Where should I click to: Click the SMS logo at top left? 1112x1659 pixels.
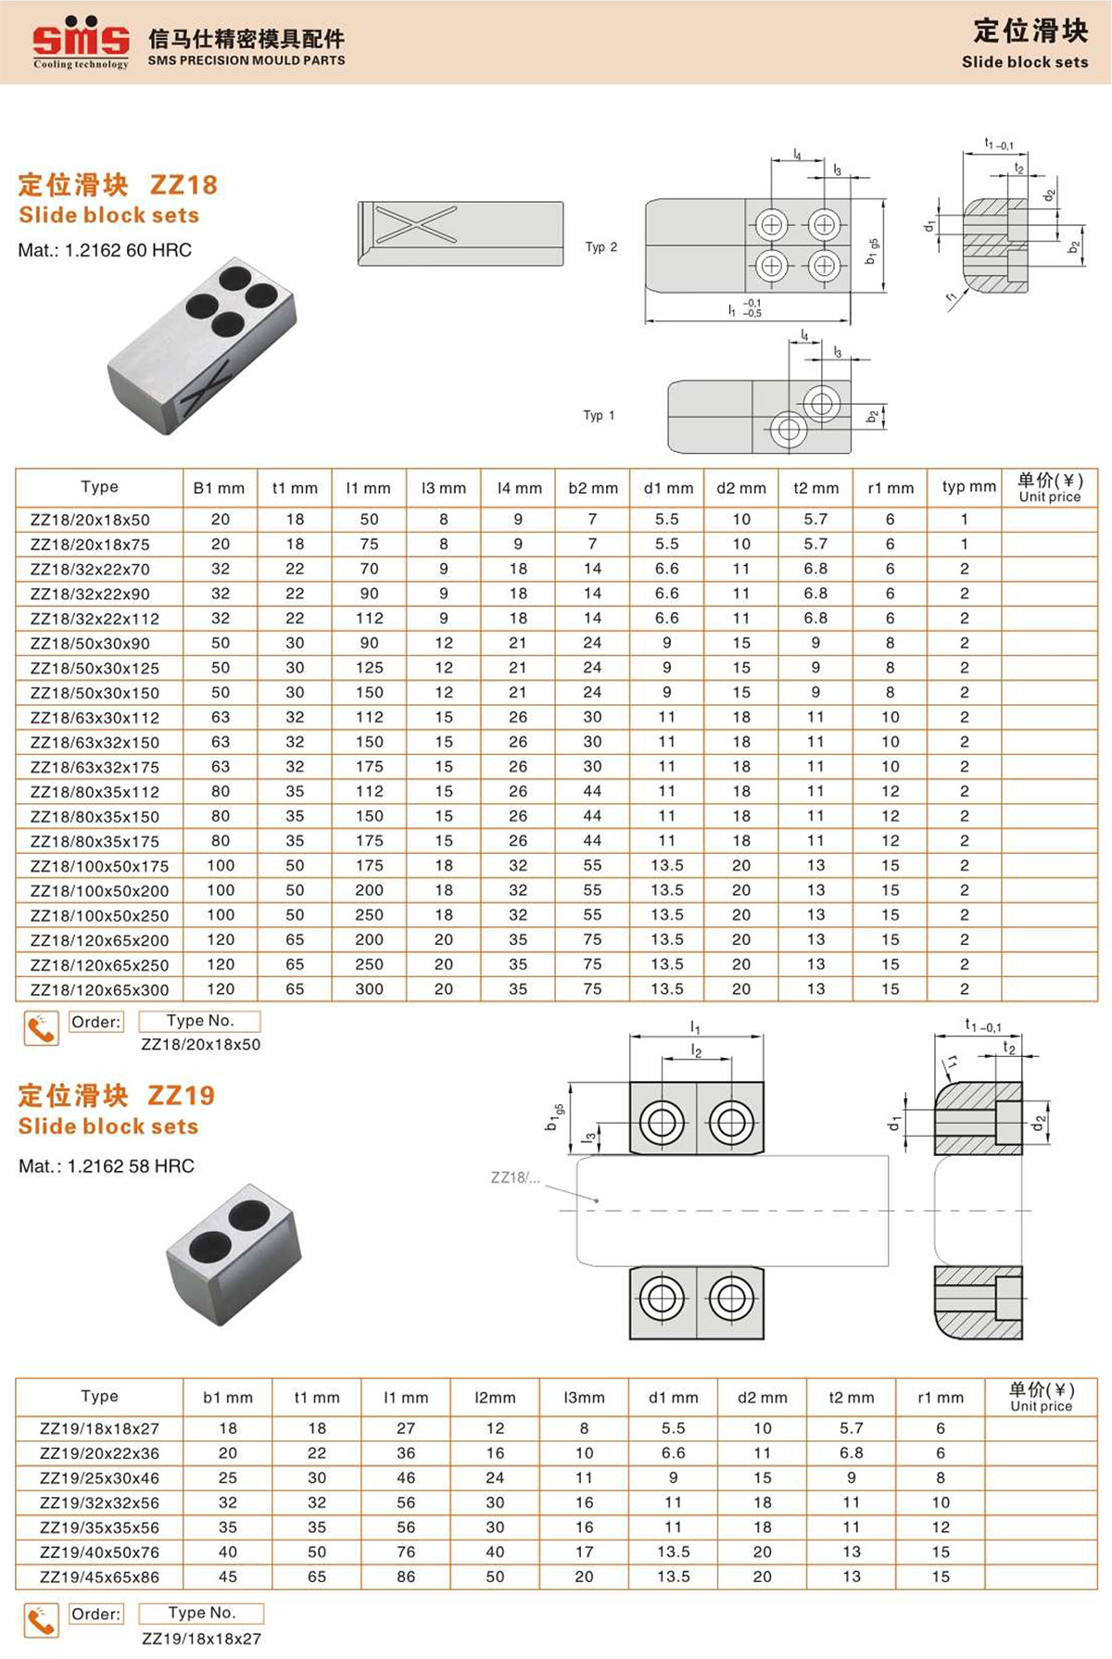click(81, 42)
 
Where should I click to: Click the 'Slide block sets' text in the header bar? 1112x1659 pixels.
click(1024, 62)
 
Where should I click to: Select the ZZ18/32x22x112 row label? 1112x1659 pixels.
click(95, 619)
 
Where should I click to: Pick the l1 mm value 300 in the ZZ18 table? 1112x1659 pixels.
click(369, 989)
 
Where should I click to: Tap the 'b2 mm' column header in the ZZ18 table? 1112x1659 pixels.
click(592, 488)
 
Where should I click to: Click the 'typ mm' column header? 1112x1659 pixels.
click(968, 486)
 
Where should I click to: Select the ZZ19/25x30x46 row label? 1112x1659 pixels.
click(99, 1478)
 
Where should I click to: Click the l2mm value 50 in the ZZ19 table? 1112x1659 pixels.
click(495, 1577)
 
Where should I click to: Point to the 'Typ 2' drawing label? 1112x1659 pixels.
click(600, 247)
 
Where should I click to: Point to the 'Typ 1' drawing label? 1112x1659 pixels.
click(599, 416)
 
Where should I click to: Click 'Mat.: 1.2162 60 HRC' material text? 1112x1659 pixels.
click(105, 250)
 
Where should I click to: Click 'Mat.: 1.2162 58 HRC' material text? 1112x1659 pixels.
click(107, 1166)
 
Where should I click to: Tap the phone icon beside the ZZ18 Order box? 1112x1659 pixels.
click(41, 1028)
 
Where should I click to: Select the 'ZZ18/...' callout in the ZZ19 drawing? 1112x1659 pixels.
click(514, 1178)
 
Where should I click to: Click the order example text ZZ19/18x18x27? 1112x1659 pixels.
click(201, 1639)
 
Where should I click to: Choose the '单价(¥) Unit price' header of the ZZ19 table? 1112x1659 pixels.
click(1041, 1397)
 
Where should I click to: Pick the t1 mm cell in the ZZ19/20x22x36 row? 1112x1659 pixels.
click(317, 1453)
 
